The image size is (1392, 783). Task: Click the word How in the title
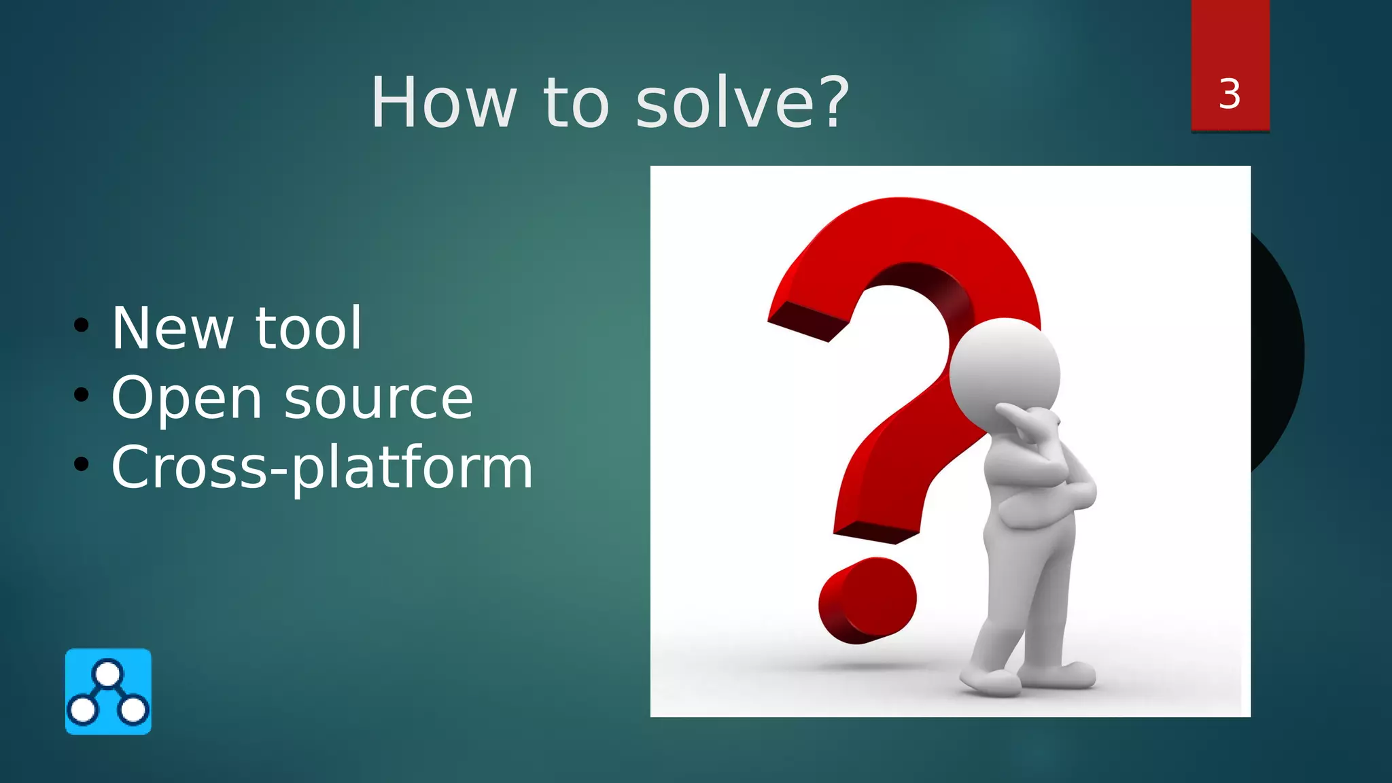tap(443, 103)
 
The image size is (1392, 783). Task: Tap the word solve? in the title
tap(742, 103)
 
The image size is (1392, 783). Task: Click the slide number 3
tap(1230, 94)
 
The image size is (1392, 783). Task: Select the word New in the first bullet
tap(172, 329)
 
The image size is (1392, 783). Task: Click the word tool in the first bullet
tap(308, 329)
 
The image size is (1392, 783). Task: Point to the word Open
tap(186, 400)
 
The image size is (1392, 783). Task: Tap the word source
tap(378, 400)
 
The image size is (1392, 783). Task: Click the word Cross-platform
tap(321, 469)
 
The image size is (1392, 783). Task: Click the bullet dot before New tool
tap(82, 326)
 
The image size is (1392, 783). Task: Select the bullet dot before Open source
tap(82, 395)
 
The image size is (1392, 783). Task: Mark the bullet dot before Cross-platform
tap(82, 464)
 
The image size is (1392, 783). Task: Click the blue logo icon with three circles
tap(108, 691)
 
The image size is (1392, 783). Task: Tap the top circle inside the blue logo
tap(108, 674)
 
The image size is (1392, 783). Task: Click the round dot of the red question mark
tap(867, 600)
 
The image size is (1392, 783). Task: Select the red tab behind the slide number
tap(1230, 41)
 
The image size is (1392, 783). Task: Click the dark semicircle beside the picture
tap(1278, 353)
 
